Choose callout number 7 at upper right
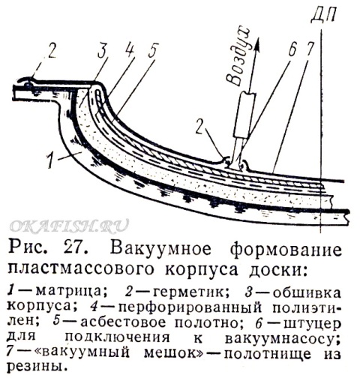click(310, 50)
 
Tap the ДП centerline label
click(324, 14)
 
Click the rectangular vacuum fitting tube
click(244, 115)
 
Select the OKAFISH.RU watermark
click(70, 226)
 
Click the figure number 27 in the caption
click(76, 249)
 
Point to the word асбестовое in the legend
click(123, 322)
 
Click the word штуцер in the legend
click(313, 324)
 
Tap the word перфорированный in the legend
click(190, 308)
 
